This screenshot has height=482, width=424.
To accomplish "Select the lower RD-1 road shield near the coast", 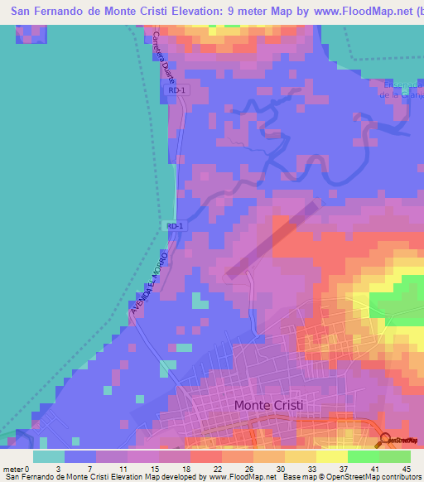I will click(174, 225).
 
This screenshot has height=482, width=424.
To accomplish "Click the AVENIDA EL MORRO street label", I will click(149, 282).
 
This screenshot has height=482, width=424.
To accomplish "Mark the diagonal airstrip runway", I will click(273, 237).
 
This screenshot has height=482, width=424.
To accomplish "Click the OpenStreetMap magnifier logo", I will click(384, 439).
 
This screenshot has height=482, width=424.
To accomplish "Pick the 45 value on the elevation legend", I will click(405, 469).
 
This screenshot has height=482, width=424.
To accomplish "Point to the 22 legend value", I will click(194, 469).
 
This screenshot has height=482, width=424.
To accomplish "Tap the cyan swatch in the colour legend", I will click(49, 456).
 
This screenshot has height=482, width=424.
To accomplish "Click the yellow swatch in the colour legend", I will click(331, 456).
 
